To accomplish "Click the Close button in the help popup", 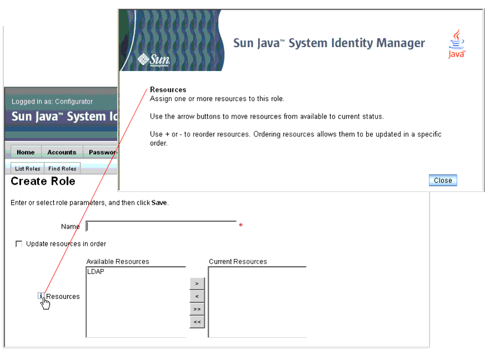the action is point(443,180).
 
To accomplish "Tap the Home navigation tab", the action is point(26,152).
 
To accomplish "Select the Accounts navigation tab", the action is point(62,152).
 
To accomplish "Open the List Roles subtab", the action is point(28,169).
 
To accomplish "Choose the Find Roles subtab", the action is point(62,169).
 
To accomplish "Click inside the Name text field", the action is point(161,226).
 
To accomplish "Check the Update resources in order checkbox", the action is point(19,244).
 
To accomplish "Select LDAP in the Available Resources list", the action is point(95,272).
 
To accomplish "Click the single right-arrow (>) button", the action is point(197,283).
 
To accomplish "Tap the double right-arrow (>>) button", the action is point(197,309).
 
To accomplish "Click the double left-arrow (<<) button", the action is point(197,322).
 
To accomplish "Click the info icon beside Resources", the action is point(41,296).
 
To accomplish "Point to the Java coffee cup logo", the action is point(457,44).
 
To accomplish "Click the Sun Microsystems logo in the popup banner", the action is point(154,60).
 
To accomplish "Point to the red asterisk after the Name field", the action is point(241,225).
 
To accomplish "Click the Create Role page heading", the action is point(43,181).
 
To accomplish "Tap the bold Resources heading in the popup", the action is point(168,90).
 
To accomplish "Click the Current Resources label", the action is point(238,262).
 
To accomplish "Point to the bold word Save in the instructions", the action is point(159,202).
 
